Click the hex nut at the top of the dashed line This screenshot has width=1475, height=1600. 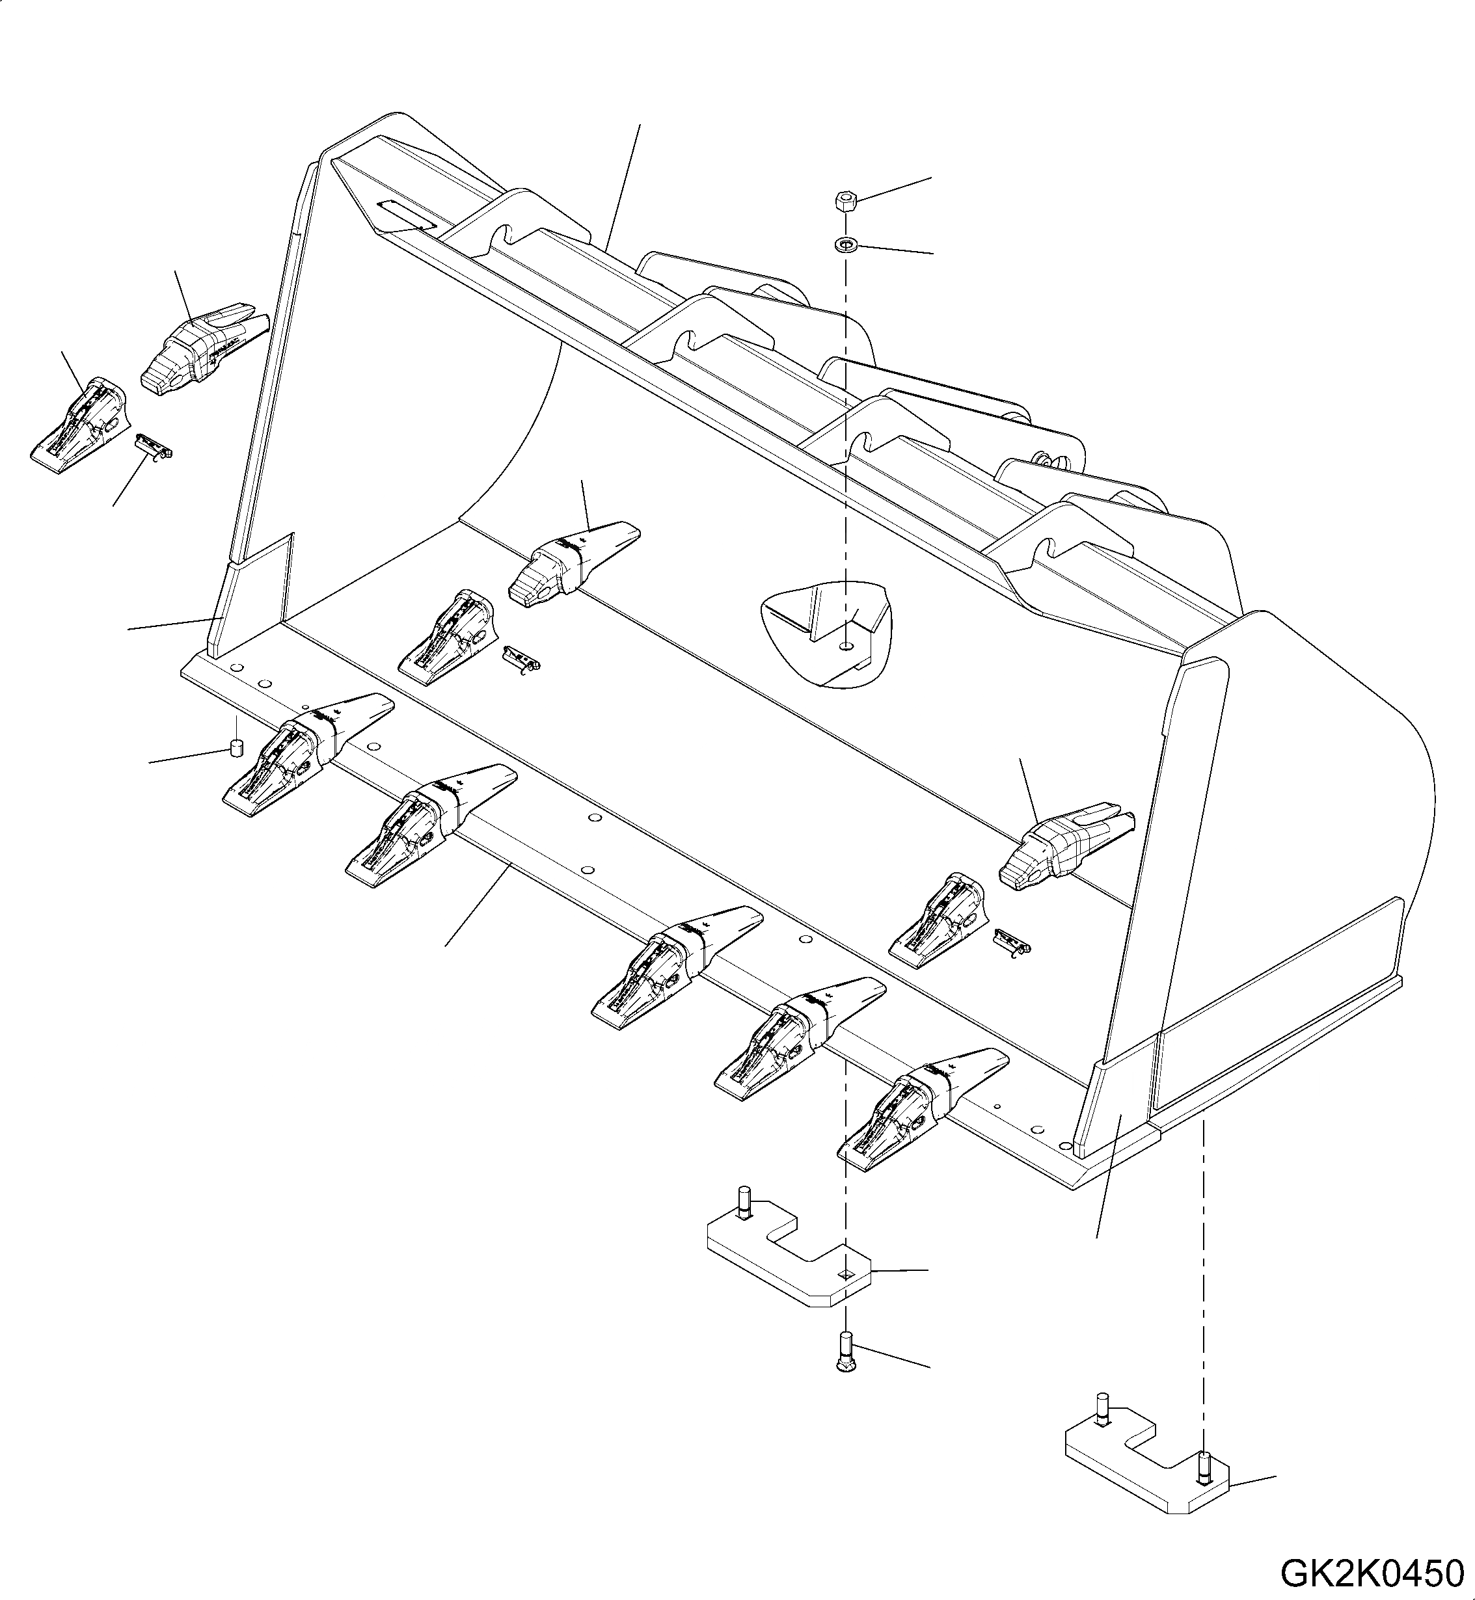tap(846, 200)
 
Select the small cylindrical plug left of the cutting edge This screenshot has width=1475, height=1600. tap(236, 748)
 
